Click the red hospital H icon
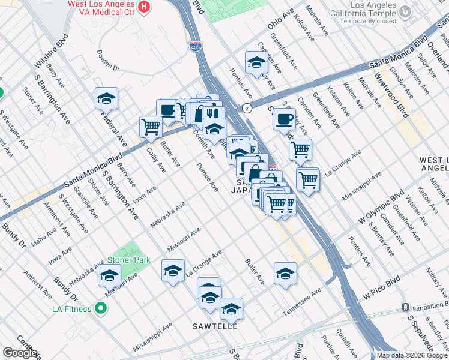click(144, 7)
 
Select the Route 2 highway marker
click(247, 108)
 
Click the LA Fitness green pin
click(100, 309)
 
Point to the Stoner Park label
click(128, 260)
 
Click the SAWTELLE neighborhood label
click(215, 326)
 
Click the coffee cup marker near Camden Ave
click(284, 118)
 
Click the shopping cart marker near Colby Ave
click(151, 126)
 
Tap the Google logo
click(20, 353)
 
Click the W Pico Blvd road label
click(381, 289)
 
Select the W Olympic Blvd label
click(379, 208)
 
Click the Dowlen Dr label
click(108, 62)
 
